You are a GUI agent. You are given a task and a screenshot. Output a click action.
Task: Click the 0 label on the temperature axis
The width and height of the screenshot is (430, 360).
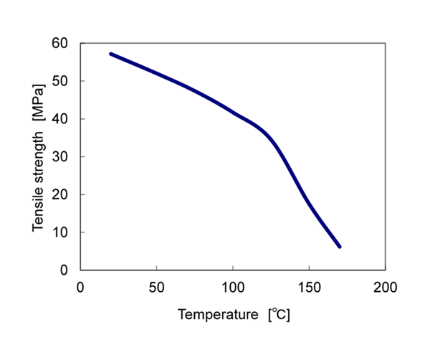coord(80,287)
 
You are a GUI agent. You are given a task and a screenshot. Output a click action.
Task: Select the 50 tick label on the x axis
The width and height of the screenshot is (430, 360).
coord(156,287)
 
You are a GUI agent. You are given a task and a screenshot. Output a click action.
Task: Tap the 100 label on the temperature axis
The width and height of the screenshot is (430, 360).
coord(233,287)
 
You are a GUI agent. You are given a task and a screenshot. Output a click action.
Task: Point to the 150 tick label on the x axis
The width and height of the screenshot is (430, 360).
coord(309,287)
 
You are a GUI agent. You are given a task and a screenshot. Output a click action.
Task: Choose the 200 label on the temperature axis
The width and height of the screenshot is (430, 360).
coord(386,287)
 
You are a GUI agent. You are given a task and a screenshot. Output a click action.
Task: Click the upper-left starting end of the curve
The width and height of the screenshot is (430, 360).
coord(111,54)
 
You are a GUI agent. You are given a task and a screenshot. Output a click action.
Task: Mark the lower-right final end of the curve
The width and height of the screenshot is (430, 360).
coord(340,247)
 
